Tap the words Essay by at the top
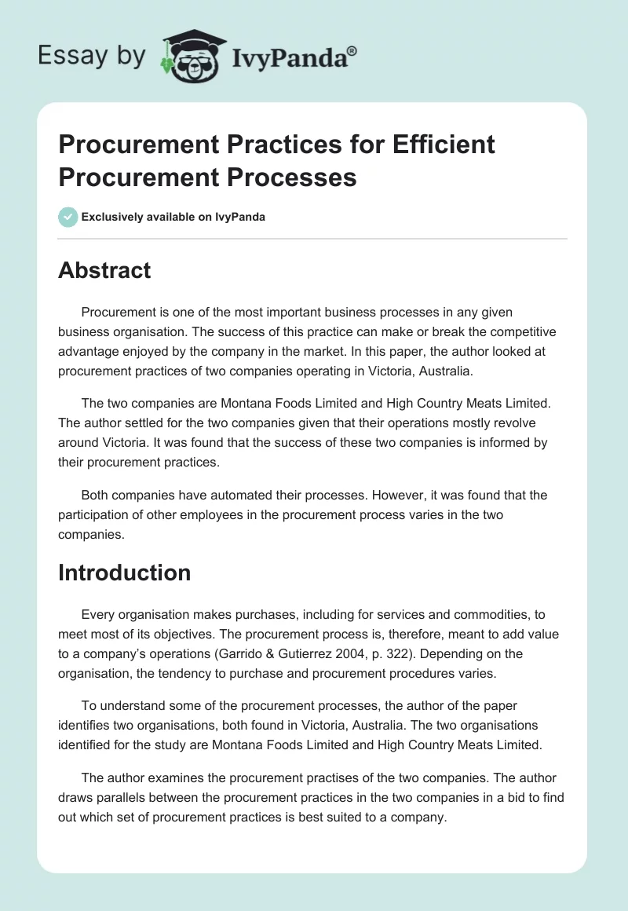(x=91, y=55)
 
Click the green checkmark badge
(x=68, y=217)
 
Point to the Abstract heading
(x=104, y=270)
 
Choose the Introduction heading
(x=124, y=573)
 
